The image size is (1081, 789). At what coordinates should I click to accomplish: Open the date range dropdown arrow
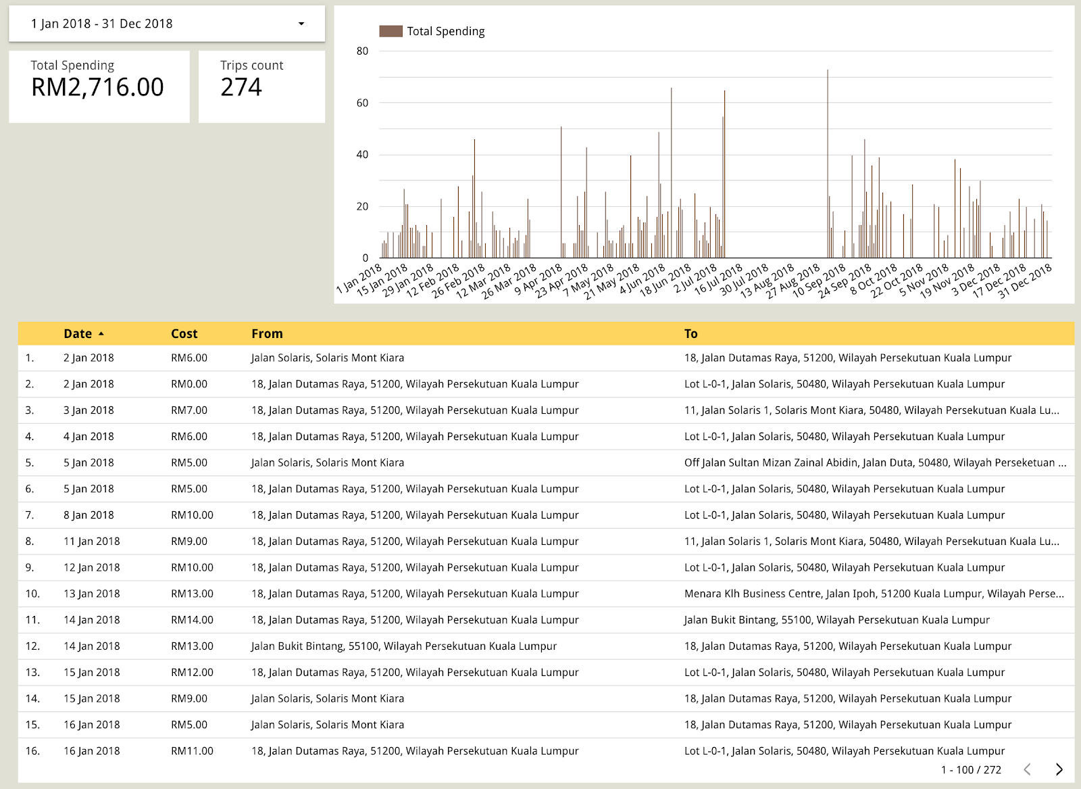click(x=301, y=24)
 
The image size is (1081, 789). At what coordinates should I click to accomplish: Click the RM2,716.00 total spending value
click(x=97, y=87)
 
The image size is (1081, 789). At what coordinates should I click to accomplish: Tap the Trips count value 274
click(x=241, y=87)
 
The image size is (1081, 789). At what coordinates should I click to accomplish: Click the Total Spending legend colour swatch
click(x=391, y=31)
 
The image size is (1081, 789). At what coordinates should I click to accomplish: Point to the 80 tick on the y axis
click(x=363, y=51)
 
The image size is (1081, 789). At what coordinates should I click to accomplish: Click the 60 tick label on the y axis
click(x=363, y=103)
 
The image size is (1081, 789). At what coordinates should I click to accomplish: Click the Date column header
click(x=78, y=333)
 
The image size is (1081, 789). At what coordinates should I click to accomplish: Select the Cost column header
click(x=184, y=333)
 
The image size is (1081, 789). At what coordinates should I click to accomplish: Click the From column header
click(x=267, y=333)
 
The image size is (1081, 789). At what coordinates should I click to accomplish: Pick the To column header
click(x=690, y=333)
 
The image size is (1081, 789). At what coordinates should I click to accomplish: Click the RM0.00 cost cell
click(x=189, y=384)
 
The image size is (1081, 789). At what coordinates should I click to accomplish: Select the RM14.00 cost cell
click(x=192, y=620)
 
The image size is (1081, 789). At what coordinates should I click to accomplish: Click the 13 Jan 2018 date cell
click(x=92, y=594)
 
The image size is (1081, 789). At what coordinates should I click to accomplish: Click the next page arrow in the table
click(x=1059, y=769)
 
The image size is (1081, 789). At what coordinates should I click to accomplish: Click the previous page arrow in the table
click(x=1027, y=769)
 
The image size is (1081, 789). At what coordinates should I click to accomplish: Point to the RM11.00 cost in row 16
click(x=192, y=751)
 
